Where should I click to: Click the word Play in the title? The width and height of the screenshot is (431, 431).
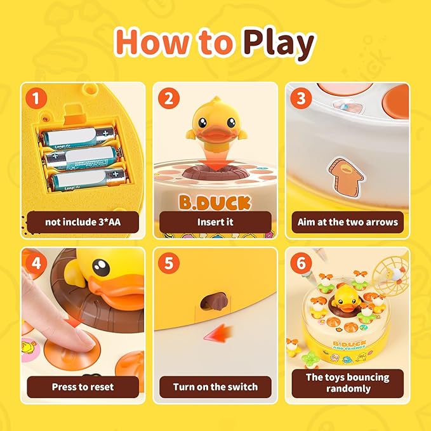[277, 44]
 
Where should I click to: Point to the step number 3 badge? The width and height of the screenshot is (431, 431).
[301, 98]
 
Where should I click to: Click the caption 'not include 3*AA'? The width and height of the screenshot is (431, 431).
[83, 222]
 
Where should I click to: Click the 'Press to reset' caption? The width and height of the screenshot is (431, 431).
[83, 386]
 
